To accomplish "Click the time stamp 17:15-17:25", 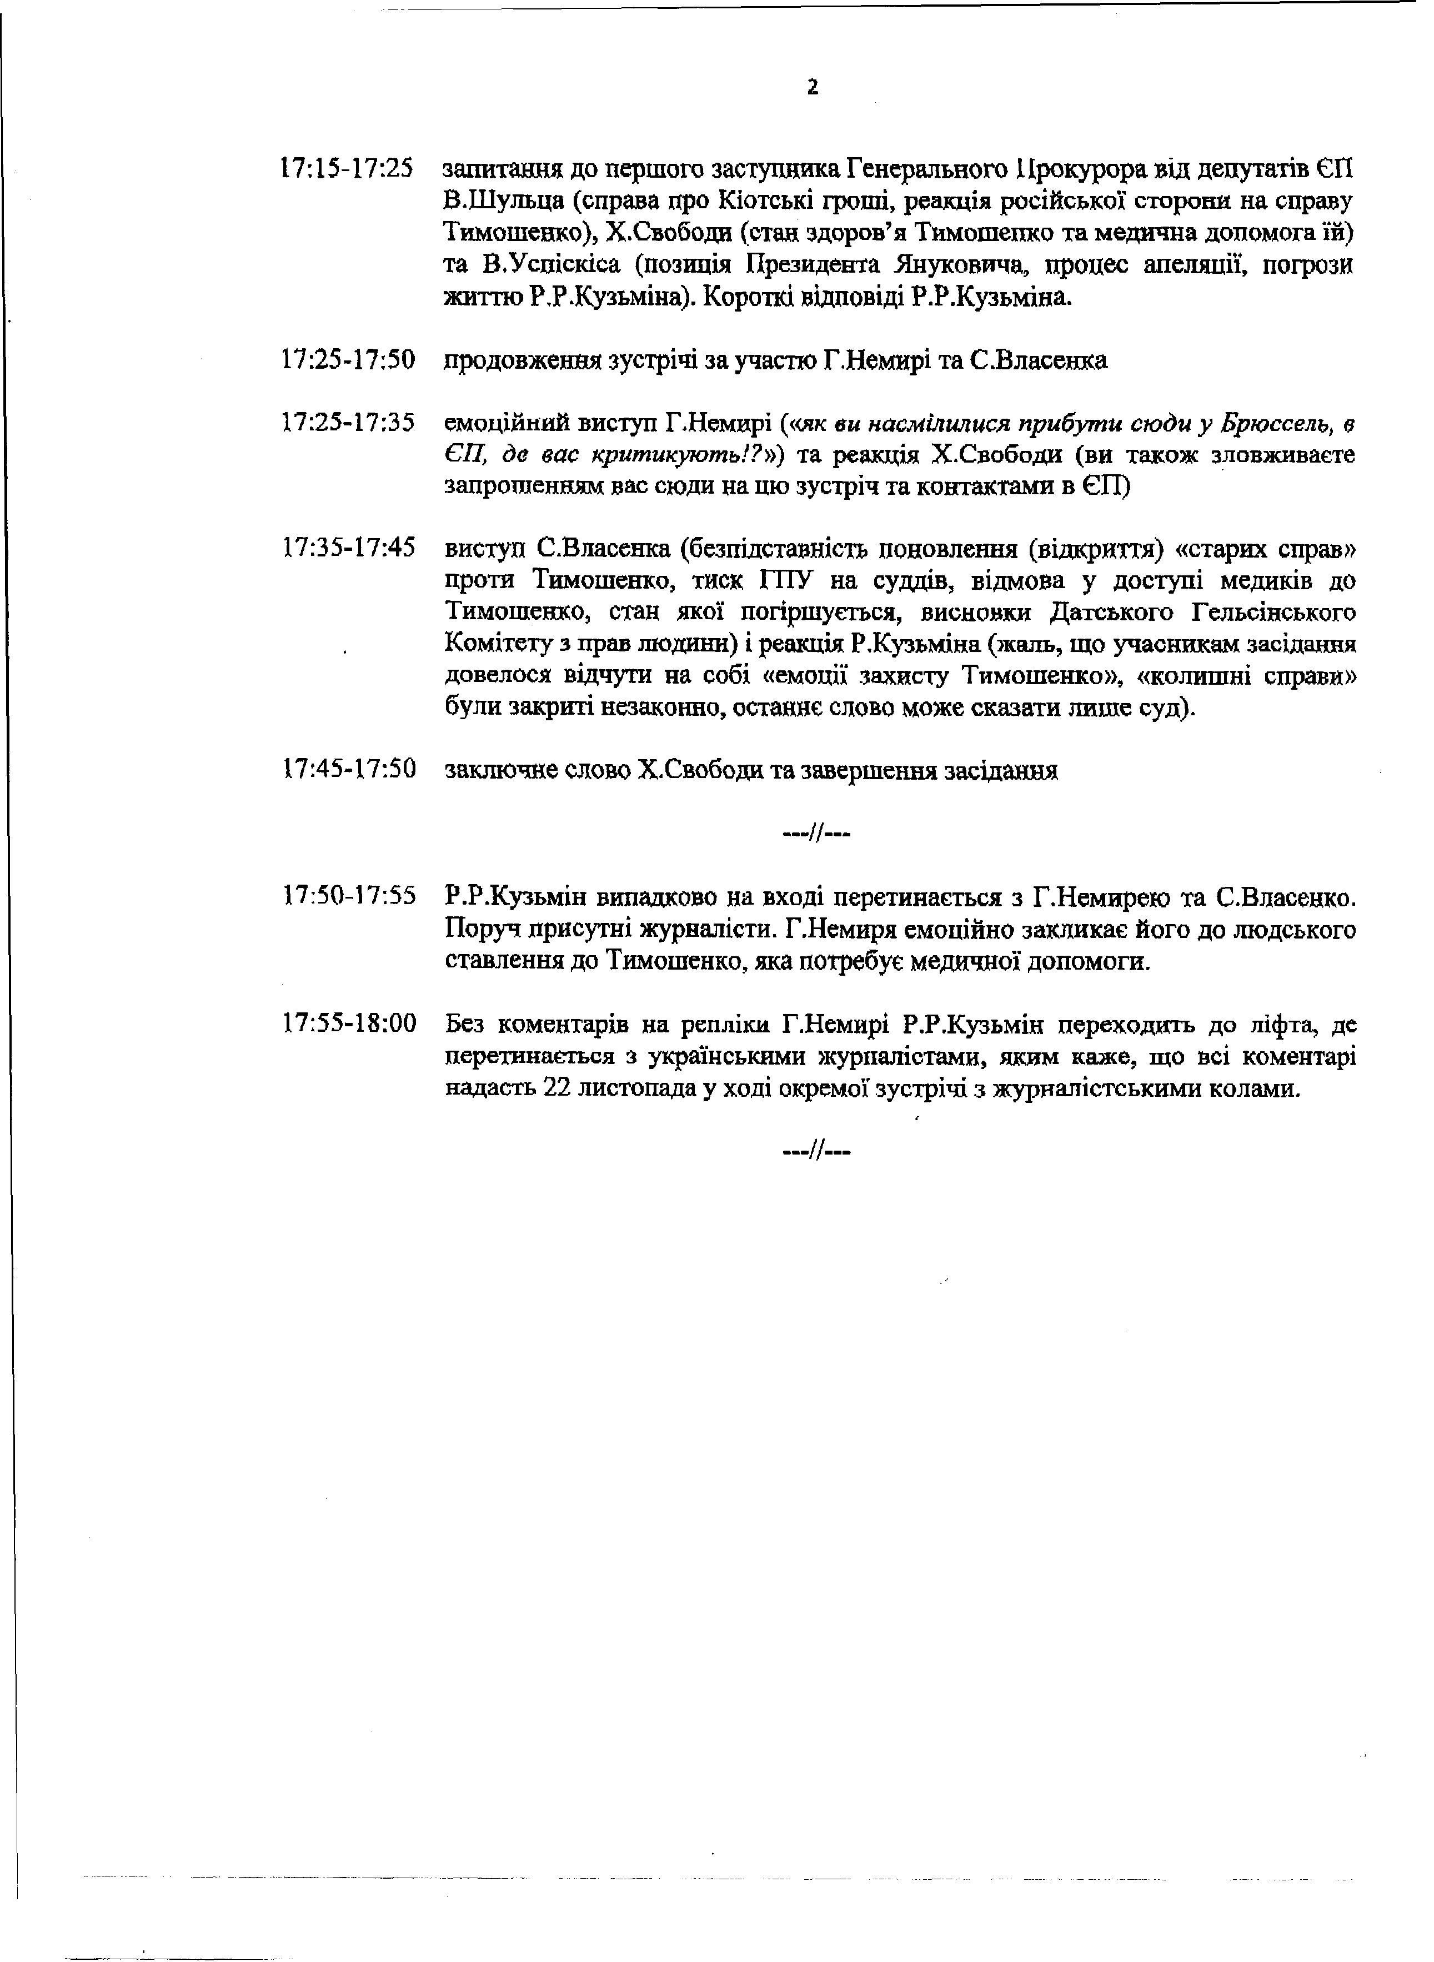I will [x=347, y=168].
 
